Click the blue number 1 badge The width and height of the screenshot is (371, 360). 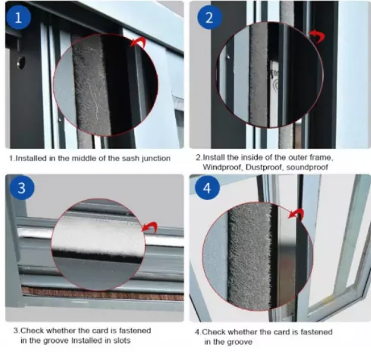point(19,17)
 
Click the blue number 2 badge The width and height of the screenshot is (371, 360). point(209,17)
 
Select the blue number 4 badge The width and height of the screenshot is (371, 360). point(208,188)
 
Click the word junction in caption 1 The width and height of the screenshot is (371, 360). point(155,158)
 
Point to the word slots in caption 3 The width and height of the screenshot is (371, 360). point(139,341)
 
